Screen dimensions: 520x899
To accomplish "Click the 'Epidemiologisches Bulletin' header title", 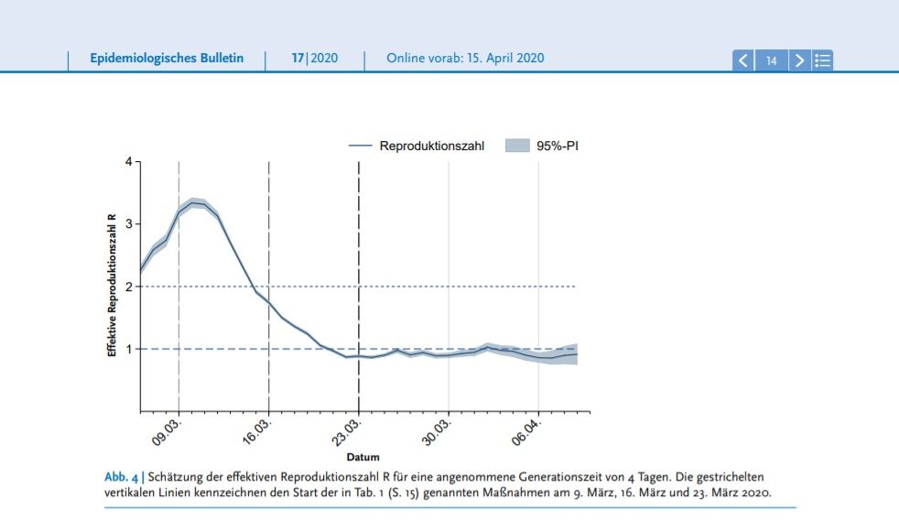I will pyautogui.click(x=167, y=59).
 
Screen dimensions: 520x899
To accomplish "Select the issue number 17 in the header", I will pyautogui.click(x=298, y=59).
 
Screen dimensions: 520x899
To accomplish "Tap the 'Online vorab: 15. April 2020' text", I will pyautogui.click(x=465, y=59).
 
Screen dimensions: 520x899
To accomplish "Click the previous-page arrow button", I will pyautogui.click(x=743, y=60).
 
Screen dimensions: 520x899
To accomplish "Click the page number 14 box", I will pyautogui.click(x=772, y=60).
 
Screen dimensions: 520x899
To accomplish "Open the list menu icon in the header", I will pyautogui.click(x=822, y=60).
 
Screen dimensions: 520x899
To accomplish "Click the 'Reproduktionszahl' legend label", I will pyautogui.click(x=431, y=146).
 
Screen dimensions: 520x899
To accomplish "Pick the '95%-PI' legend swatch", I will pyautogui.click(x=518, y=146).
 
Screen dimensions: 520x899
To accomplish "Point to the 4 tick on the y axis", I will pyautogui.click(x=129, y=162).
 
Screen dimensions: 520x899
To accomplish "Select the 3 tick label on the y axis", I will pyautogui.click(x=129, y=224).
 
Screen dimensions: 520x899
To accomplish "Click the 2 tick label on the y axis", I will pyautogui.click(x=129, y=287).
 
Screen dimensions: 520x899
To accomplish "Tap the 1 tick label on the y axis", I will pyautogui.click(x=129, y=349).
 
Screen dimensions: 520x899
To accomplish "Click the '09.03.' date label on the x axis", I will pyautogui.click(x=166, y=431).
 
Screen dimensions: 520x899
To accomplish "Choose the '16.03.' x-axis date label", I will pyautogui.click(x=256, y=431).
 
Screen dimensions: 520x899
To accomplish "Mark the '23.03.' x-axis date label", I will pyautogui.click(x=346, y=431).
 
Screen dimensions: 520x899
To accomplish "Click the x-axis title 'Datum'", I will pyautogui.click(x=363, y=457).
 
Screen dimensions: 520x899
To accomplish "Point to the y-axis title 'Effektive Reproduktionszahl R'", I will pyautogui.click(x=112, y=286).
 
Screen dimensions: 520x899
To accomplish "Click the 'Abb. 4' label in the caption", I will pyautogui.click(x=121, y=477).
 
